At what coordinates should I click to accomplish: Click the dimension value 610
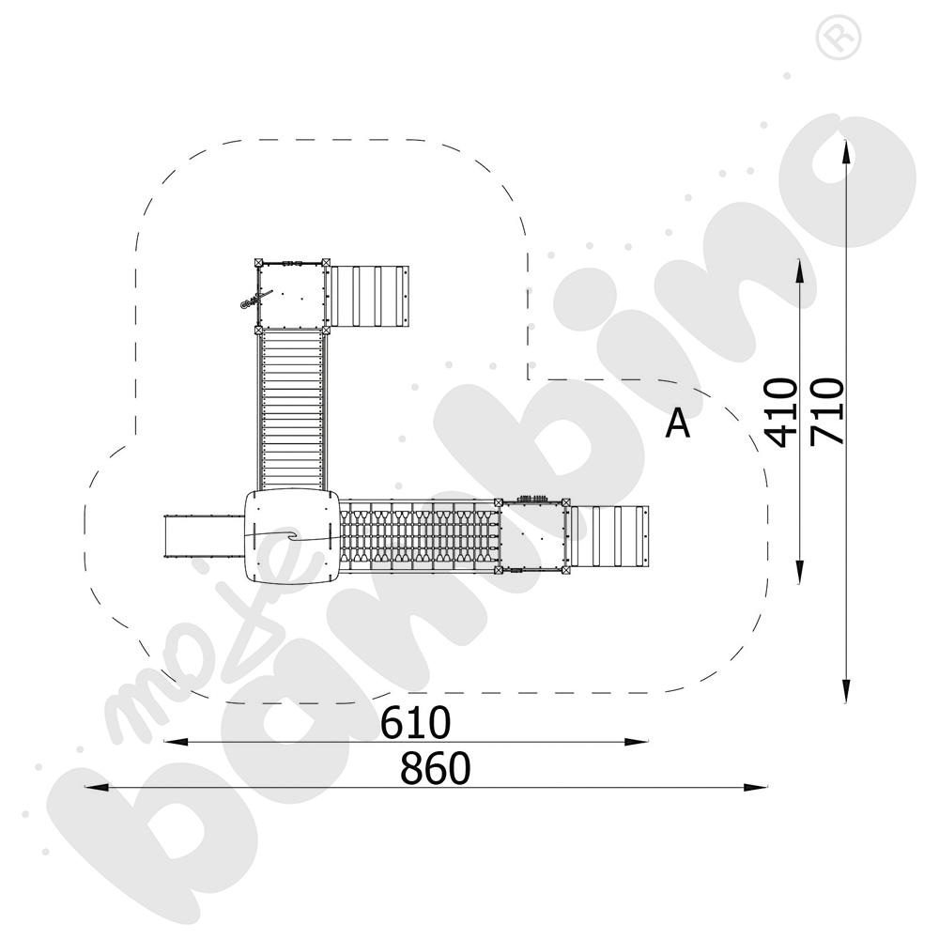416,722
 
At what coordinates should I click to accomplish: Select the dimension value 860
434,768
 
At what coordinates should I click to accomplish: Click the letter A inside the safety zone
677,424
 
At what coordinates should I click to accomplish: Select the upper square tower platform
291,295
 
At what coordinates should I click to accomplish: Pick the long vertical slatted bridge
291,408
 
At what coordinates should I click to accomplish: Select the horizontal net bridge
418,535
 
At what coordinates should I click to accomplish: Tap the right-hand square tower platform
534,535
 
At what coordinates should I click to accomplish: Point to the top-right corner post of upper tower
326,263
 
